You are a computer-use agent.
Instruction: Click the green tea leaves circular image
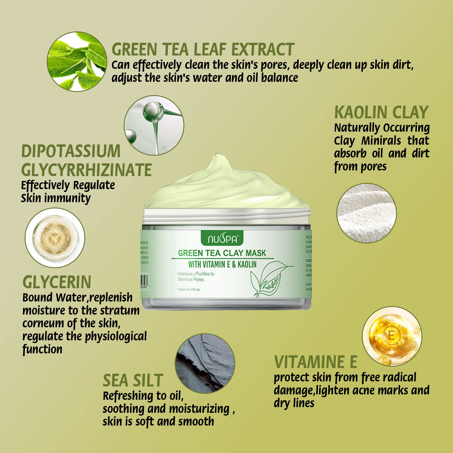(x=77, y=61)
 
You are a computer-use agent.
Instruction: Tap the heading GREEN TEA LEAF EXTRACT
(x=203, y=50)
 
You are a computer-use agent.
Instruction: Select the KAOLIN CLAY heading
(x=381, y=112)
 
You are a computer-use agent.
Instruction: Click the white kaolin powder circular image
(x=366, y=213)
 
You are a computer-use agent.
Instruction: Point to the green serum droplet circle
(x=154, y=125)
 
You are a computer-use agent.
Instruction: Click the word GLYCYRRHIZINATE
(x=86, y=170)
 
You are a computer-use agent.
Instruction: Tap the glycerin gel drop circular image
(x=55, y=238)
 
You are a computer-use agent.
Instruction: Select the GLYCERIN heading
(x=57, y=282)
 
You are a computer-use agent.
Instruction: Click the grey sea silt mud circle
(x=205, y=364)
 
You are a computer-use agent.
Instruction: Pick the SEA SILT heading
(x=133, y=380)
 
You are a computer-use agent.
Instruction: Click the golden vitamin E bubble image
(x=392, y=336)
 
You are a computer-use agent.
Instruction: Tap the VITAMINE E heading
(x=316, y=362)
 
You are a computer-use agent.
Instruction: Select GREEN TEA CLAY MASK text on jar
(x=222, y=253)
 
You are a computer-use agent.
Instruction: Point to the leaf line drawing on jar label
(x=269, y=279)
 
